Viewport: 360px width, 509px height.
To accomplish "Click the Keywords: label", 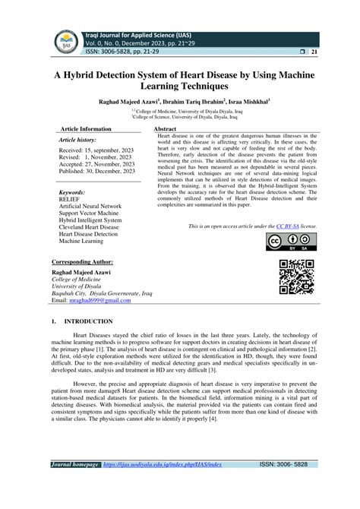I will click(72, 193).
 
